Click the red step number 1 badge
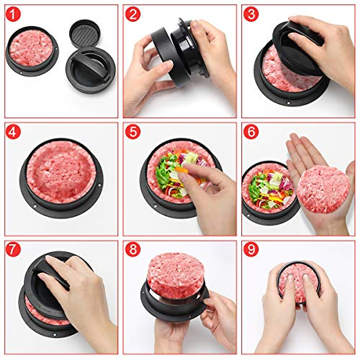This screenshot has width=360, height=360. pyautogui.click(x=13, y=14)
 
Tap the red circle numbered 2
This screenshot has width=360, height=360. pyautogui.click(x=132, y=14)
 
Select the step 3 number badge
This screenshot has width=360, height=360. pyautogui.click(x=251, y=14)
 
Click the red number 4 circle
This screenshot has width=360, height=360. pyautogui.click(x=13, y=132)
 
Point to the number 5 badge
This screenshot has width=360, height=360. pyautogui.click(x=132, y=132)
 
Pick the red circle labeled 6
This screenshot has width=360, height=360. pyautogui.click(x=251, y=132)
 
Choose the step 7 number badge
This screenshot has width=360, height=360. pyautogui.click(x=13, y=250)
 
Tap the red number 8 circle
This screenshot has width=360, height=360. pyautogui.click(x=132, y=250)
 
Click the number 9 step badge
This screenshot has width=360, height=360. pyautogui.click(x=251, y=250)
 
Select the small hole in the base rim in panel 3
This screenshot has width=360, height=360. pyautogui.click(x=288, y=103)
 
